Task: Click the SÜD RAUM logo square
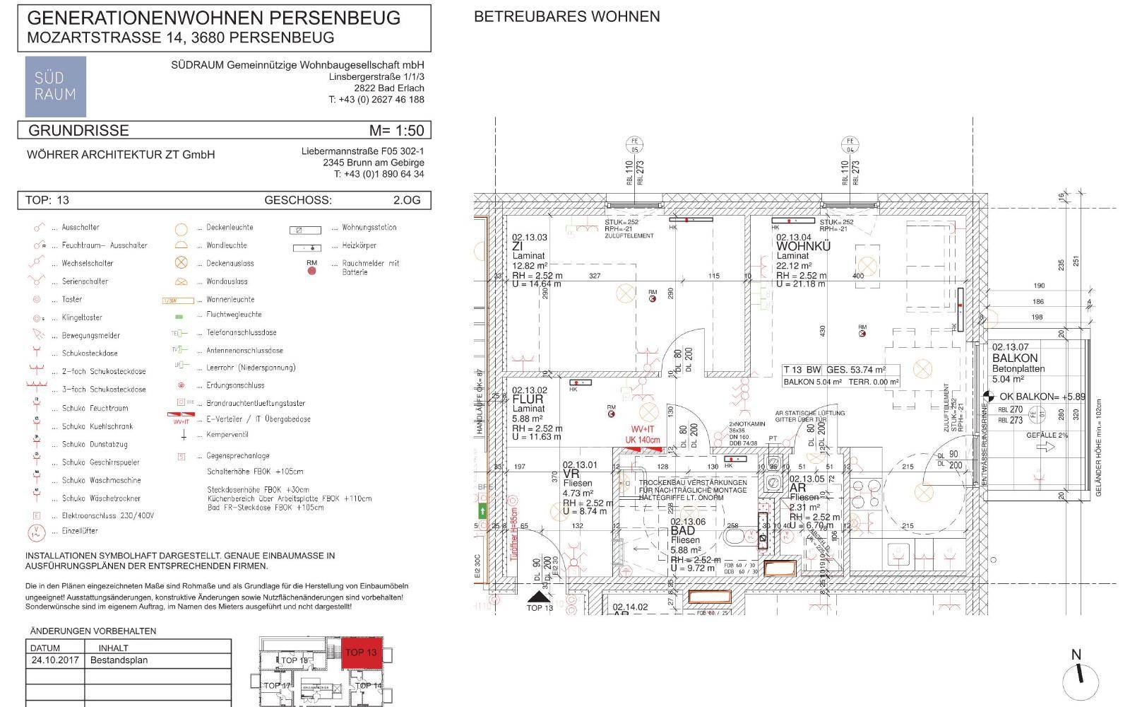click(x=56, y=86)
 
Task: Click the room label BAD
click(x=682, y=530)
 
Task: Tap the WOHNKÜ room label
click(x=803, y=247)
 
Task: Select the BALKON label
click(x=1015, y=358)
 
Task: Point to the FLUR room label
click(x=528, y=399)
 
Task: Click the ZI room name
click(x=518, y=247)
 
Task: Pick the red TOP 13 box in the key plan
click(x=362, y=653)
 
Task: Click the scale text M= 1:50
click(x=396, y=131)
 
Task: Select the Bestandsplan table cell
click(x=119, y=660)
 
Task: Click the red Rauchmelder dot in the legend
click(x=311, y=271)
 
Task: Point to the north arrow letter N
click(x=1076, y=655)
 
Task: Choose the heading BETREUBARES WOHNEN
click(x=566, y=16)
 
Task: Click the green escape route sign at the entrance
click(x=483, y=510)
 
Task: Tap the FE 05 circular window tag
click(x=634, y=146)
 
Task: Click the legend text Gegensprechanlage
click(x=238, y=456)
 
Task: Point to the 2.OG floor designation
click(x=407, y=200)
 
